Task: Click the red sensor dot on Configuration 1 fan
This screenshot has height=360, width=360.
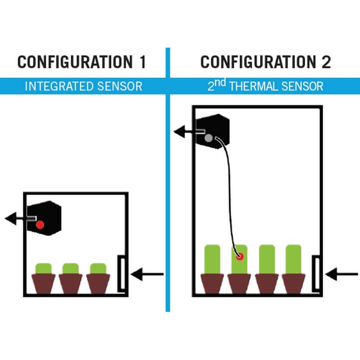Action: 40,224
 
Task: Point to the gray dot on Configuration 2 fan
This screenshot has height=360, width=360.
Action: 208,138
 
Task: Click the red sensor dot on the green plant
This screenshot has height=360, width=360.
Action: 239,256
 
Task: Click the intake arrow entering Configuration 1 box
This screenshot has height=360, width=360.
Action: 148,273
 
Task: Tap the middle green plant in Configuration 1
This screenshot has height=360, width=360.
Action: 71,269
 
